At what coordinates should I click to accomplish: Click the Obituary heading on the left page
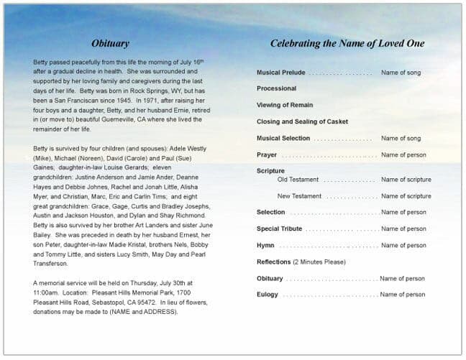(110, 44)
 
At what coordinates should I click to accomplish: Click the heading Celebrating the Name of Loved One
(347, 44)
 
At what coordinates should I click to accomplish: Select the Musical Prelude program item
(280, 73)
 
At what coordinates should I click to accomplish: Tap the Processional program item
(276, 88)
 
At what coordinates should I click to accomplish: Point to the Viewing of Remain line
(285, 105)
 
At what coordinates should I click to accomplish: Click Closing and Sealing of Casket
(302, 121)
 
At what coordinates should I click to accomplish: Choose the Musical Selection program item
(283, 138)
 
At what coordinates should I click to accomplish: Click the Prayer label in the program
(267, 154)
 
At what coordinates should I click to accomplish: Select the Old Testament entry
(298, 180)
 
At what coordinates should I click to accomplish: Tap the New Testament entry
(299, 196)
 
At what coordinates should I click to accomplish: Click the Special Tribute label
(279, 229)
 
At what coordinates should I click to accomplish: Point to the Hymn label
(265, 246)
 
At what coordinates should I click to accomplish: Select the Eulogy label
(267, 295)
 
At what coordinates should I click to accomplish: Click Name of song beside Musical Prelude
(401, 73)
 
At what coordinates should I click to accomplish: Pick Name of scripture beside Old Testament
(406, 180)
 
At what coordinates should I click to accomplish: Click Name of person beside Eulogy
(403, 295)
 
